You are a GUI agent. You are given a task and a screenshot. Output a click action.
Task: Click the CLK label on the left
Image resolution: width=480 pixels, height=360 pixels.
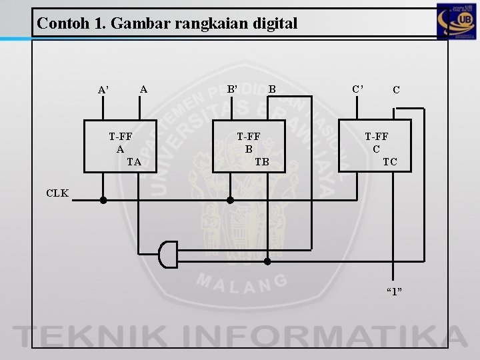coord(57,193)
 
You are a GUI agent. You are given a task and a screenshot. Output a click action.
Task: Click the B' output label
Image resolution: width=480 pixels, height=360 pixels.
coord(233,87)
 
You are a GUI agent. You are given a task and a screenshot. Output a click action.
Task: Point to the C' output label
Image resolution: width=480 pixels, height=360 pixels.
coord(359,88)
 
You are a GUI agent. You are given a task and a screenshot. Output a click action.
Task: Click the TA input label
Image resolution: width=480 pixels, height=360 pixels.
coord(134,161)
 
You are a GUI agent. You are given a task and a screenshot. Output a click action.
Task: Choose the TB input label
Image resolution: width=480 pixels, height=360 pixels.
coord(262,161)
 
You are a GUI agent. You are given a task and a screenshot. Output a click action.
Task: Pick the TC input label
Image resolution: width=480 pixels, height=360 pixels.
coord(390,161)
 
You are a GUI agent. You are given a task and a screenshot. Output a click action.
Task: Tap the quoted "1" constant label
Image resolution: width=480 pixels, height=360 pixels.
coord(395,291)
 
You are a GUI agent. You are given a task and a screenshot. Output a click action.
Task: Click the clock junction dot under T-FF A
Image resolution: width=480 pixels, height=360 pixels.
coord(103,199)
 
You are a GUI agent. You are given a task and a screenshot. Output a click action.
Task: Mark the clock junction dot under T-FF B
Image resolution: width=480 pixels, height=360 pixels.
coord(230,199)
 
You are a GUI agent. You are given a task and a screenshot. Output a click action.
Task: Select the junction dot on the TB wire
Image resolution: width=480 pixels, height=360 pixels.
coord(267,261)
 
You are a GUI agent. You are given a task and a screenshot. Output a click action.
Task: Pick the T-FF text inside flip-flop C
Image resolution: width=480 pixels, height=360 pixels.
coord(377,137)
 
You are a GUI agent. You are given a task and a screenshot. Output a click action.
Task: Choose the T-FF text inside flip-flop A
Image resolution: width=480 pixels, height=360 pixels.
coord(121,137)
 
